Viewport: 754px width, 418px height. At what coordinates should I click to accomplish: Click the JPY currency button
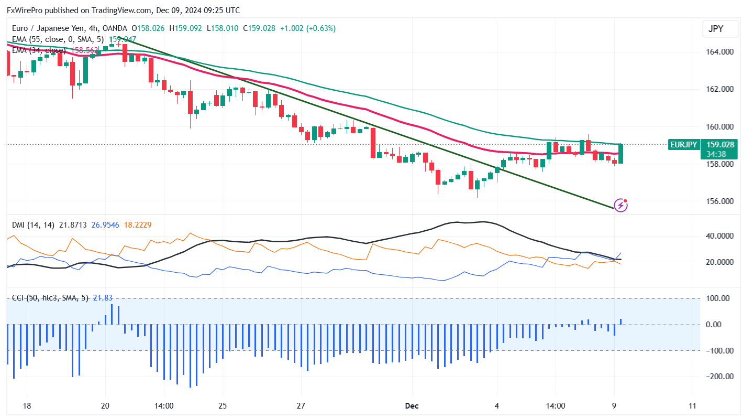coord(720,29)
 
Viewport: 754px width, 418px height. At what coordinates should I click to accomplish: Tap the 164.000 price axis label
coord(720,52)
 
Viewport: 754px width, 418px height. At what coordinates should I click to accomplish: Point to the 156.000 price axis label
coord(720,201)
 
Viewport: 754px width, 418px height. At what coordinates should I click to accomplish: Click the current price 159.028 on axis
coord(720,145)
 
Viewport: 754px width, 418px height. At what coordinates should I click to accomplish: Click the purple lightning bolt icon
coord(620,205)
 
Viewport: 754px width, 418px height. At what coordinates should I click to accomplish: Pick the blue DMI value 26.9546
coord(105,225)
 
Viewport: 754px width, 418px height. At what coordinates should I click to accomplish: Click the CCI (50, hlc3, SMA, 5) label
coord(50,298)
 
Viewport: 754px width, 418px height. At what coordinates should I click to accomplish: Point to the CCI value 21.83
coord(102,298)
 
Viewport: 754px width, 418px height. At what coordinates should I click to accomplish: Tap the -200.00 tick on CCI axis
coord(718,377)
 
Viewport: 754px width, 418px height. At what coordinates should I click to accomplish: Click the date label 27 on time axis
coord(301,405)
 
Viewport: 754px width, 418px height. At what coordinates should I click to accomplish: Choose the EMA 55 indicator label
coord(58,39)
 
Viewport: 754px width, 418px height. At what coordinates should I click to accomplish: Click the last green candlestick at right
coord(621,154)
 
